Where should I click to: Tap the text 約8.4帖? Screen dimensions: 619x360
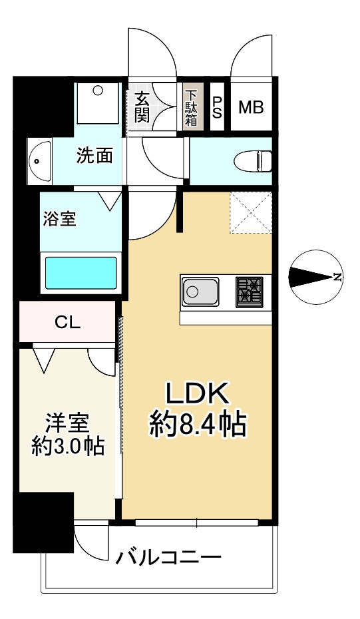(x=197, y=424)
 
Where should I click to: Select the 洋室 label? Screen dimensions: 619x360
(x=67, y=423)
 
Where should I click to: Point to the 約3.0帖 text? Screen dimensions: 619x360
(x=67, y=445)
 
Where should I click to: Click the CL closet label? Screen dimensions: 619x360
(x=67, y=323)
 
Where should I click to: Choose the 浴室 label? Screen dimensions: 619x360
(x=59, y=219)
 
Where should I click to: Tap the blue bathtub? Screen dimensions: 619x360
(x=81, y=271)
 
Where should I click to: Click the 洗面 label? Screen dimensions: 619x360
(x=94, y=156)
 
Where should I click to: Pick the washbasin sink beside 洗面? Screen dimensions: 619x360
(x=40, y=160)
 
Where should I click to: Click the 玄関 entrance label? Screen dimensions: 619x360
(x=142, y=106)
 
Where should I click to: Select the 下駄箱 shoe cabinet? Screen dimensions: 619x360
(x=192, y=106)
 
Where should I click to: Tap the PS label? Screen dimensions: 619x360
(x=218, y=107)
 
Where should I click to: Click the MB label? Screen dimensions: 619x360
(x=251, y=107)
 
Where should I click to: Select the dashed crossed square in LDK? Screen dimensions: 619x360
(x=251, y=212)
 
